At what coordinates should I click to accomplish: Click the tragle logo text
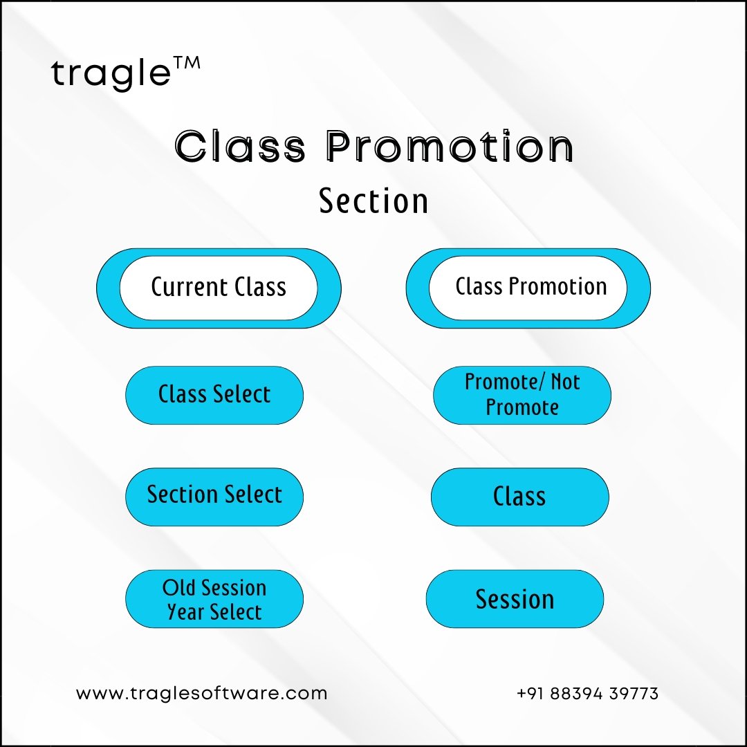click(111, 74)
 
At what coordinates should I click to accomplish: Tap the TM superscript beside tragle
click(186, 64)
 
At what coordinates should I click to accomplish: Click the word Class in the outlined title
click(240, 146)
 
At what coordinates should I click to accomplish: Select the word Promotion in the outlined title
click(450, 146)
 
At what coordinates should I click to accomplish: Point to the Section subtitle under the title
click(373, 201)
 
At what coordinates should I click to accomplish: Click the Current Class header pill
click(219, 288)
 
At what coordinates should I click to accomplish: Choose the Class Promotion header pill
click(528, 288)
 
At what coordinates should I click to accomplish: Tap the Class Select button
click(214, 395)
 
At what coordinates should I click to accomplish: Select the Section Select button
click(214, 497)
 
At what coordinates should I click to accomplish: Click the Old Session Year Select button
click(214, 599)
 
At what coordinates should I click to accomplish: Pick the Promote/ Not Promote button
click(522, 395)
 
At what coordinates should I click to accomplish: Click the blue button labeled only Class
click(519, 497)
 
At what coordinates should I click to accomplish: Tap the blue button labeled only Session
click(515, 599)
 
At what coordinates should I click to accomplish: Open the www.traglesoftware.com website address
click(201, 694)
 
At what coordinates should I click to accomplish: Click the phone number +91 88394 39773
click(587, 694)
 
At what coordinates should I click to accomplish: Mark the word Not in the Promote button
click(566, 382)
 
